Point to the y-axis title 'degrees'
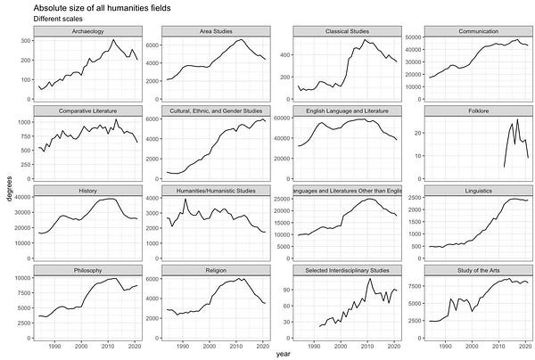[x=8, y=191]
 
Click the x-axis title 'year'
[x=283, y=354]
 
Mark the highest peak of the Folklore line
[x=517, y=119]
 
